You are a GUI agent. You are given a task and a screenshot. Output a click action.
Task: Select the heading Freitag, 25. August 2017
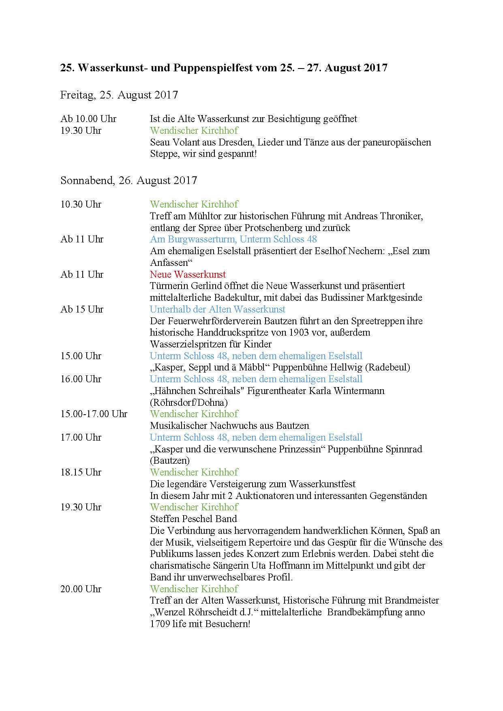coord(119,95)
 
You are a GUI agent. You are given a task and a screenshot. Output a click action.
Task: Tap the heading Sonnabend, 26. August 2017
coord(128,180)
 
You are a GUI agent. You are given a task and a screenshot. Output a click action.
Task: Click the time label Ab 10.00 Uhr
coord(88,119)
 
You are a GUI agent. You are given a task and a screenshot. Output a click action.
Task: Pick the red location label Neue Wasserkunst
coord(188,274)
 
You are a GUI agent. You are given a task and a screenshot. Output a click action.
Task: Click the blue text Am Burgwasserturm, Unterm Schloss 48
coord(233,239)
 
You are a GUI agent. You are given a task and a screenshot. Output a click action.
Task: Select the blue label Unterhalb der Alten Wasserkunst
coord(217,309)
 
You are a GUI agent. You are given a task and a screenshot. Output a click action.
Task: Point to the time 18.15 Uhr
coord(81,472)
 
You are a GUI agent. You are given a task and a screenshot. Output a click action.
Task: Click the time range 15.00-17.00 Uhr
coord(94,414)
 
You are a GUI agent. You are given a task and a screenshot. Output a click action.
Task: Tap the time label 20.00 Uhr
coord(81,589)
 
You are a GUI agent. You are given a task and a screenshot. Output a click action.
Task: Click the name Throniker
coord(401,216)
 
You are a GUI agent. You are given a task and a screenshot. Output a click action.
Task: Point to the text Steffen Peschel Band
coord(193,519)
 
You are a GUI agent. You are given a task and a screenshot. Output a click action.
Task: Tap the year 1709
coord(160,624)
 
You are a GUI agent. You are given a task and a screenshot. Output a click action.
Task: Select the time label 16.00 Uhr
coord(81,379)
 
